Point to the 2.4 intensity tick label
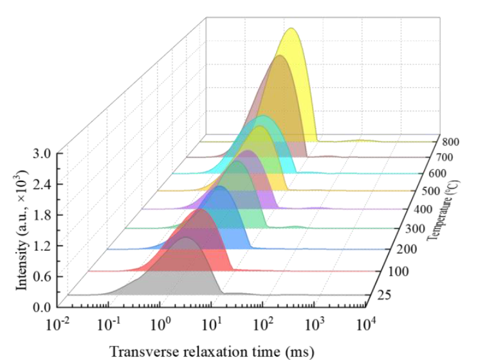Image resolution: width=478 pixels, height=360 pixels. [x=45, y=184]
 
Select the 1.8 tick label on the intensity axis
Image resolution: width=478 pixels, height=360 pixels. [x=45, y=215]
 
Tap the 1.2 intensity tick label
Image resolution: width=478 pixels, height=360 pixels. [x=45, y=246]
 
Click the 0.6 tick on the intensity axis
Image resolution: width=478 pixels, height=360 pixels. [x=45, y=276]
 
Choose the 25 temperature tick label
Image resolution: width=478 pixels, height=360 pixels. [x=385, y=295]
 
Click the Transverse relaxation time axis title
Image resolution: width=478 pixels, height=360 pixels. [x=212, y=350]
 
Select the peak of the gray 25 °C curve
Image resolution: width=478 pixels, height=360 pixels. [x=187, y=238]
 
